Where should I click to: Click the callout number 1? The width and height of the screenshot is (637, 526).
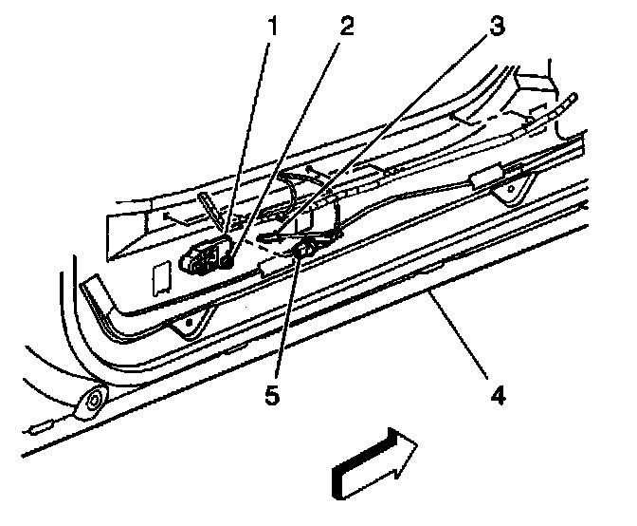[273, 26]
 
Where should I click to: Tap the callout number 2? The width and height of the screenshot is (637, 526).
[346, 26]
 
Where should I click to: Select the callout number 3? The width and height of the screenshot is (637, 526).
[497, 26]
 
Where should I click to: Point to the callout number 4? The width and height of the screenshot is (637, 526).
[498, 395]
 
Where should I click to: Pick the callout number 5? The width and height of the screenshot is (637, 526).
[272, 395]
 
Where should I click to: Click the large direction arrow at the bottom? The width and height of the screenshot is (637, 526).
[373, 463]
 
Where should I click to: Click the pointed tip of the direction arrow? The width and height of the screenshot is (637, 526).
[418, 443]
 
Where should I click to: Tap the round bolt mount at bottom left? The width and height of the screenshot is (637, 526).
[94, 401]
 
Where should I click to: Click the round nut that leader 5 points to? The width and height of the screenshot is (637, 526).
[304, 247]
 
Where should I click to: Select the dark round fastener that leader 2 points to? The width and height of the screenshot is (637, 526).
[226, 261]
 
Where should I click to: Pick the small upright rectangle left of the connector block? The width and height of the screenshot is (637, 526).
[162, 278]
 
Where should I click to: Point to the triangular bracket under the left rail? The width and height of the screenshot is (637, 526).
[191, 323]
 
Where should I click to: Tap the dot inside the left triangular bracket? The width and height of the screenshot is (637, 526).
[189, 322]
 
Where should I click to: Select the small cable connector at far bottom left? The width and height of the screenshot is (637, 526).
[40, 428]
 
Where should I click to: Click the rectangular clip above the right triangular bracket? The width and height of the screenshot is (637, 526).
[485, 177]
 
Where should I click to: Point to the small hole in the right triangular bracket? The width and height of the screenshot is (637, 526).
[511, 188]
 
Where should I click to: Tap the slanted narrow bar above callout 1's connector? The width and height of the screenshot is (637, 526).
[210, 211]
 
